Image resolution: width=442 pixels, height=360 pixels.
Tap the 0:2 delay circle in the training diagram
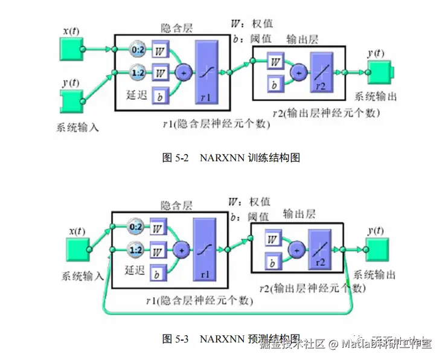click(138, 48)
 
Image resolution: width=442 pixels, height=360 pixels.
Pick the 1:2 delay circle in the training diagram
click(138, 72)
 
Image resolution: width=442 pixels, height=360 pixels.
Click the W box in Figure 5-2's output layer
click(275, 62)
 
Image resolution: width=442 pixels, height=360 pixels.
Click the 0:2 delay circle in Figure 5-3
click(137, 228)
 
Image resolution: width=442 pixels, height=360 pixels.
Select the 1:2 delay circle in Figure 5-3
click(137, 249)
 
